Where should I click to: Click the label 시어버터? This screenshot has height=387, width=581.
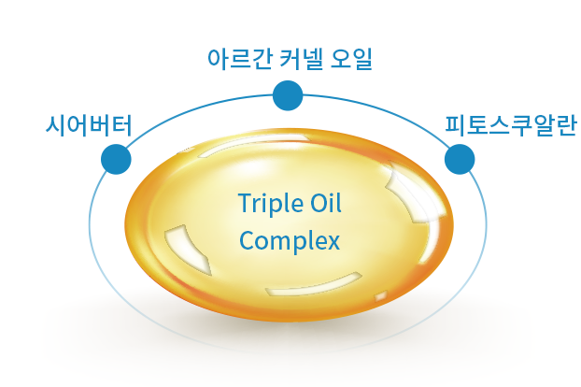pos(89,125)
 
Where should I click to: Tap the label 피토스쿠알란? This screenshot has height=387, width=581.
pos(511,125)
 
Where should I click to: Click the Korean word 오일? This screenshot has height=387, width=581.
pos(350,59)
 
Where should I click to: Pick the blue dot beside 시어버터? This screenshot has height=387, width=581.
pos(116,159)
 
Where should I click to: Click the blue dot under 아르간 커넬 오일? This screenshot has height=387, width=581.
pos(288,95)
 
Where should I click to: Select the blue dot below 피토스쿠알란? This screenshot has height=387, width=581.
pos(460,159)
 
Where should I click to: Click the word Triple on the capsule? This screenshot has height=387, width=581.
pos(271,204)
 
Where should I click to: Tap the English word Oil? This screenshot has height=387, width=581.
pos(326,203)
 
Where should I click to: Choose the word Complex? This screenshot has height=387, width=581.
pos(290,241)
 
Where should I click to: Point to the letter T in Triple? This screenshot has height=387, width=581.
pos(246,203)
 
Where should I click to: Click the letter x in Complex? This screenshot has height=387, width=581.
pos(333,243)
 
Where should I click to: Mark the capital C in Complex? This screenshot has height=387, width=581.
pos(247,240)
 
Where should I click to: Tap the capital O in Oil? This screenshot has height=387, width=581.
pos(319,203)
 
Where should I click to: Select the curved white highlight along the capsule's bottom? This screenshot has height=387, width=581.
pos(314,285)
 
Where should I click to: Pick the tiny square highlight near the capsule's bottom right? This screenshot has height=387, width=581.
pos(381,296)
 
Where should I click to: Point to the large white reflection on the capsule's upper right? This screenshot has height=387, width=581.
pos(415,193)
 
